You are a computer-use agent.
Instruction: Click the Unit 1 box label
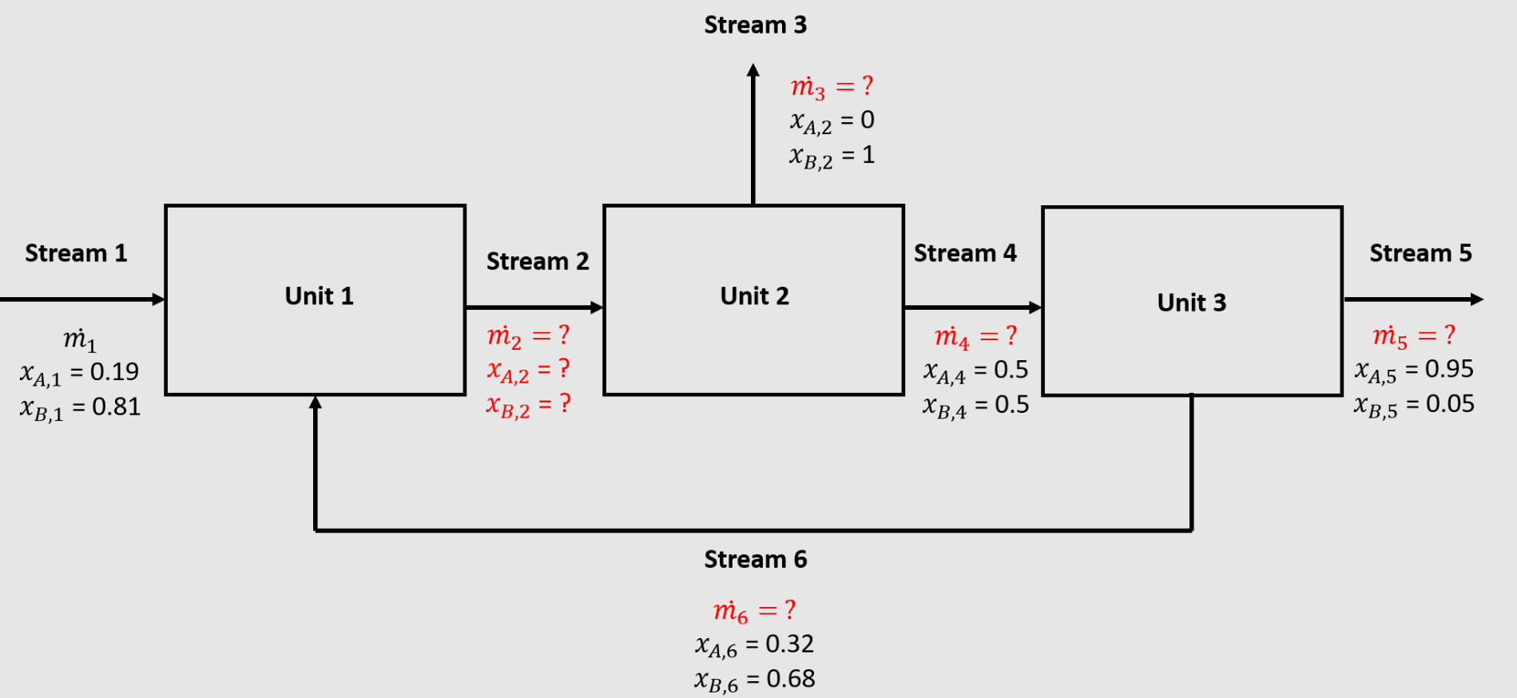[319, 296]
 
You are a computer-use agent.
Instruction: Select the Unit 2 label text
[754, 296]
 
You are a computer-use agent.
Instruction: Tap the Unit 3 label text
[1191, 303]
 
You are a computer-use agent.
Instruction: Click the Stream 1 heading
[76, 253]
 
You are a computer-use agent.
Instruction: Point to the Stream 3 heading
[755, 26]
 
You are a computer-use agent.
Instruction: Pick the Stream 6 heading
[755, 560]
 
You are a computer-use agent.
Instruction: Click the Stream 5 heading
[1420, 253]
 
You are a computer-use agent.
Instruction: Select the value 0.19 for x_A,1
[114, 371]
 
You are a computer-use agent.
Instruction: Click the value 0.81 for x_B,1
[116, 407]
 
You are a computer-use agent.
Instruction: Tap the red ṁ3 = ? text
[832, 86]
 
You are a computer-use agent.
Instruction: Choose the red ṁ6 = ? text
[754, 611]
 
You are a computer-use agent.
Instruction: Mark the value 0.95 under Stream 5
[1449, 369]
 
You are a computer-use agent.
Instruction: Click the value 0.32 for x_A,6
[789, 644]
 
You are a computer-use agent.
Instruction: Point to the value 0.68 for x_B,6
[791, 679]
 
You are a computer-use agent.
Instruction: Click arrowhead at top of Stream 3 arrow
[753, 70]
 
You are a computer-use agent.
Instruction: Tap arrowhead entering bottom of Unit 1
[316, 403]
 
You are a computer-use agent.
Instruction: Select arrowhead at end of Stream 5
[1477, 299]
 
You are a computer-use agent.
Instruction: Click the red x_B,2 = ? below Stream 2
[528, 405]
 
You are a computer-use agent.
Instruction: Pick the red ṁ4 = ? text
[975, 336]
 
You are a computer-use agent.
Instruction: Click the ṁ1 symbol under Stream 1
[80, 339]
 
